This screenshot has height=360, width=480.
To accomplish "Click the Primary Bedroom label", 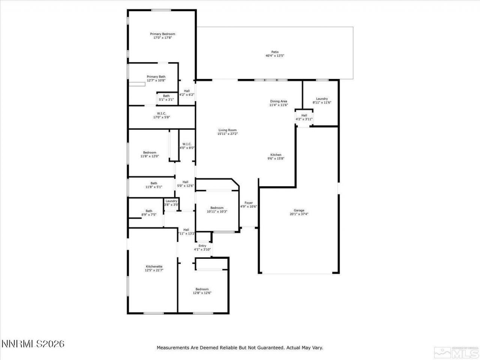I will pos(162,34).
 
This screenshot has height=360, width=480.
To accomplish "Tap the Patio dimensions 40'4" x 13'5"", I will pos(275,56).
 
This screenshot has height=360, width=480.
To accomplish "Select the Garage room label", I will pos(299,210).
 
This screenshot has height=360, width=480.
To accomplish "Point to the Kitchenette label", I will pos(154,266).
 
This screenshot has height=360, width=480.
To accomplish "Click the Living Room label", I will pos(228,130).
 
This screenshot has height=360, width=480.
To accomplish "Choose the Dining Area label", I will pos(279,101).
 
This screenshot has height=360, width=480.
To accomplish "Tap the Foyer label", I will pos(249,203).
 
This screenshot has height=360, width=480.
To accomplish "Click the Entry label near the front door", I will pos(202,246).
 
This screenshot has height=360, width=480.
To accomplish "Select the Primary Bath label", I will pos(156,76).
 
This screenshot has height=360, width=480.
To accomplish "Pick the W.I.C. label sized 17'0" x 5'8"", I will pos(162,113).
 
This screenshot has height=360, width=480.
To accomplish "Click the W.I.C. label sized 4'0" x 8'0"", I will pos(187,144).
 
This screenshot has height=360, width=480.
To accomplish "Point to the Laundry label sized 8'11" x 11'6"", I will pos(322,99).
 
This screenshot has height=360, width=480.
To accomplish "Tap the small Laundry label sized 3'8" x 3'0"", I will pos(171,201).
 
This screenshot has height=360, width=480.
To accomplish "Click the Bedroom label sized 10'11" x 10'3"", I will pos(217,208).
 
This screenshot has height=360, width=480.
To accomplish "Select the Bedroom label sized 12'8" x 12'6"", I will pos(202,289).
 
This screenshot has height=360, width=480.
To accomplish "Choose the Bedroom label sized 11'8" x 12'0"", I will pos(149,152).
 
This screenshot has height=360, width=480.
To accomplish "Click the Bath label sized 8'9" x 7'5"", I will pos(149,211).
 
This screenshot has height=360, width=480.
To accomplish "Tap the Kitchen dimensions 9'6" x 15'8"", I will pos(276,159).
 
